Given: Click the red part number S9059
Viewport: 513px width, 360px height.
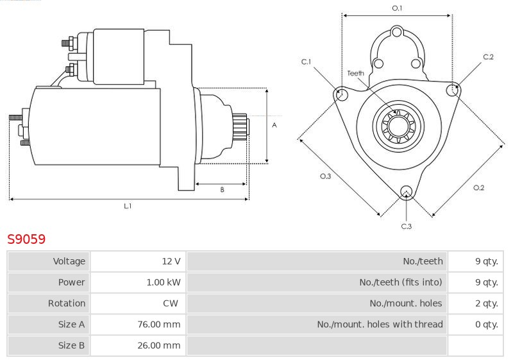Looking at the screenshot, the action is click(26, 239).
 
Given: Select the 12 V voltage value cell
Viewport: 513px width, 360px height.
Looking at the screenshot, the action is click(171, 261).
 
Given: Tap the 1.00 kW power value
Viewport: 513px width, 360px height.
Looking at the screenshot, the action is click(164, 282).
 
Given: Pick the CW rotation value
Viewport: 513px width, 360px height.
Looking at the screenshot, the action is click(171, 303).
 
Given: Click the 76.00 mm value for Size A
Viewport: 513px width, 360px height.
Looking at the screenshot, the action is click(158, 324).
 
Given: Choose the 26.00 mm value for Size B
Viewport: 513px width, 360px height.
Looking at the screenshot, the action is click(158, 345).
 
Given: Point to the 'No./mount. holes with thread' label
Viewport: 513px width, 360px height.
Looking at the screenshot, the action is click(380, 324).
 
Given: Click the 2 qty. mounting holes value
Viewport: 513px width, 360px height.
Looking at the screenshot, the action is click(487, 304).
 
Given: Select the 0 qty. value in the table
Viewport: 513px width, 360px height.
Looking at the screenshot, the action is click(487, 324).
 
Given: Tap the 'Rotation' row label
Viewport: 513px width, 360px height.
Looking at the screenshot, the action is click(67, 303).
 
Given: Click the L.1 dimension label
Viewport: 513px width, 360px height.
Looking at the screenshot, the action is click(128, 206).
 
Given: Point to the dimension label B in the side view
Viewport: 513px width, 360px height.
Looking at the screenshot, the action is click(222, 189).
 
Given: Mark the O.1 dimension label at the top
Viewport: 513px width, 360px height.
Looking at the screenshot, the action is click(397, 8).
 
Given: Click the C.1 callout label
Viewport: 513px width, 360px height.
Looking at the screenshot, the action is click(307, 62).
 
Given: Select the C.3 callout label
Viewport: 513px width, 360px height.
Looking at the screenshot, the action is click(407, 226).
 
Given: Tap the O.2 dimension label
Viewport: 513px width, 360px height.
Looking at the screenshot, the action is click(478, 187).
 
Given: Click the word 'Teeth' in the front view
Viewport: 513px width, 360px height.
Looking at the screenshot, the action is click(356, 73).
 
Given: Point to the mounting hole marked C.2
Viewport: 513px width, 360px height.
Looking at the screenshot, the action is click(453, 90).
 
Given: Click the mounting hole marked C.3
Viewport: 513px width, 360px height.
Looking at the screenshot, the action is click(406, 193).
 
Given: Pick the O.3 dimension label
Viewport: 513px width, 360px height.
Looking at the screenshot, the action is click(325, 176).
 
